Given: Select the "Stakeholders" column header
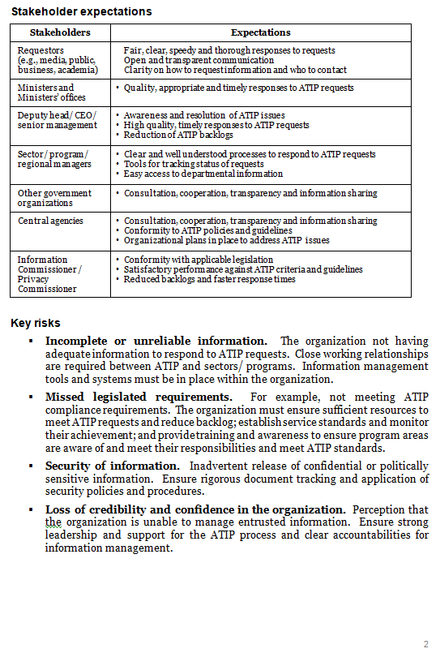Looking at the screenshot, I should click(60, 32).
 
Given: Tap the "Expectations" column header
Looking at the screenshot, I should click(260, 32).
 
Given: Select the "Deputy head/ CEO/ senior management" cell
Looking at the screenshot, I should click(57, 121).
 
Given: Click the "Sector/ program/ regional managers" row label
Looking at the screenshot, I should click(53, 159).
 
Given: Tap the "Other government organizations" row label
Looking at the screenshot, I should click(54, 198).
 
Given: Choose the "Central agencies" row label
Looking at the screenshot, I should click(50, 221).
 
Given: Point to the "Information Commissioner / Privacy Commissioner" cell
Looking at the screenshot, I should click(50, 274).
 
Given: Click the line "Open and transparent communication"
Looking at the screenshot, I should click(199, 60).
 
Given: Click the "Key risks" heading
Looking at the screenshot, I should click(36, 324).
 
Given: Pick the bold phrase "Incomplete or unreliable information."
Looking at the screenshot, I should click(156, 342).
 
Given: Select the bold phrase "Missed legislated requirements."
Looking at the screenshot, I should click(139, 397).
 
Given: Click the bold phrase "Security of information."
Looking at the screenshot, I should click(113, 466).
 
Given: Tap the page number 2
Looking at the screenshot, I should click(425, 644).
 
